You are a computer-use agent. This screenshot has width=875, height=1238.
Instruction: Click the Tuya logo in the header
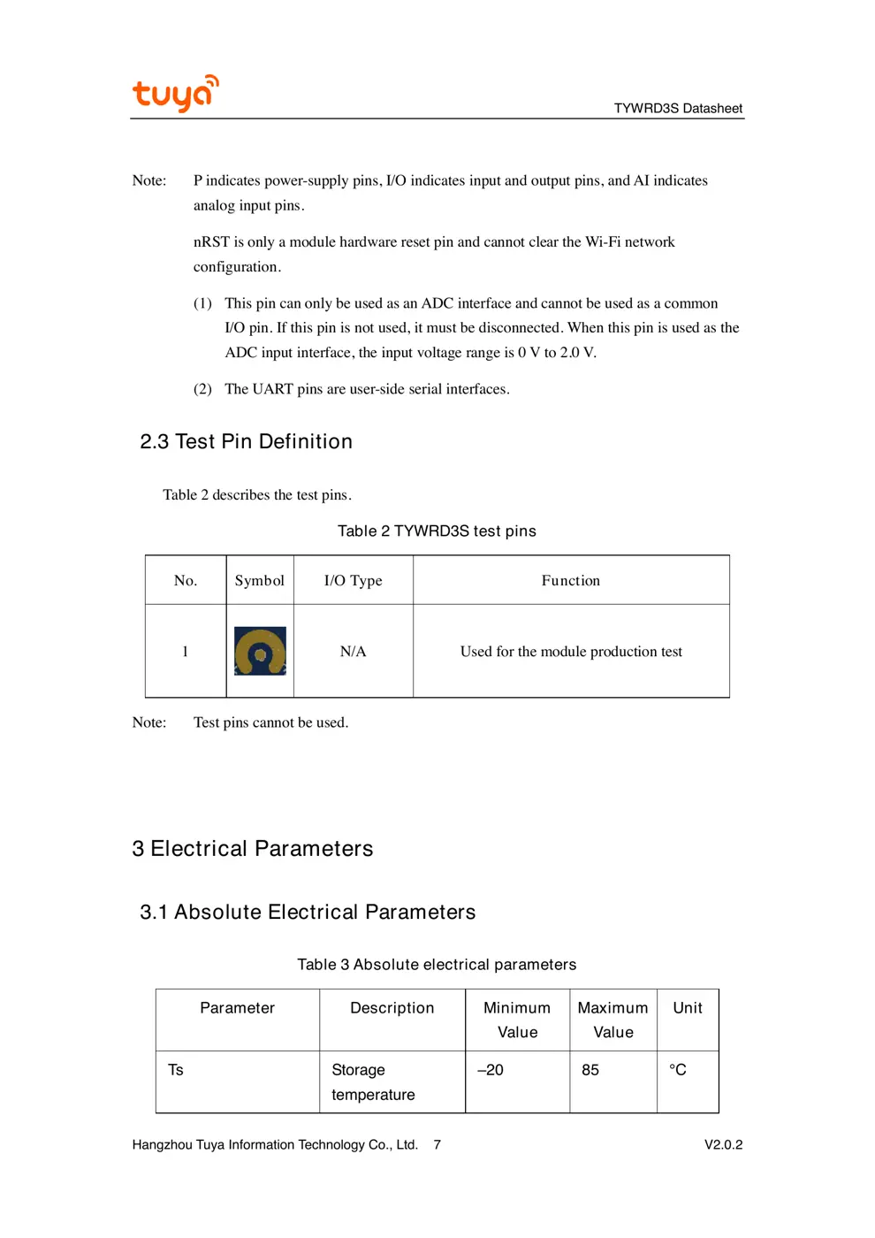pos(175,93)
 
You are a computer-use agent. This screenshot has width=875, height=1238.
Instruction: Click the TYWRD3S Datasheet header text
pos(678,108)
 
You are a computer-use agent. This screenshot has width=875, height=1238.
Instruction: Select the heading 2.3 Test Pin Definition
pos(246,441)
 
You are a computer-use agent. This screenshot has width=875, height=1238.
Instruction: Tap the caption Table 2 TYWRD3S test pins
pos(437,531)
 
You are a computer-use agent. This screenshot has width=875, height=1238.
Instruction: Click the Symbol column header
pos(259,580)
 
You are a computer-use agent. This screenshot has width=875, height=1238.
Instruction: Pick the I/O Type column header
pos(353,580)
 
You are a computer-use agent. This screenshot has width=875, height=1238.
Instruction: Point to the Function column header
pos(570,580)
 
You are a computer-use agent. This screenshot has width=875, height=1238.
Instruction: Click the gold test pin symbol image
pos(260,651)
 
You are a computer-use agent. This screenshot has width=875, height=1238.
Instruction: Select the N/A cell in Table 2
pos(353,651)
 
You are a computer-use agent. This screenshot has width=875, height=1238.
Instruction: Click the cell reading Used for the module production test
pos(571,651)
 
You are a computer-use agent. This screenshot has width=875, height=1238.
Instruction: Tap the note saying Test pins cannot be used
pos(270,722)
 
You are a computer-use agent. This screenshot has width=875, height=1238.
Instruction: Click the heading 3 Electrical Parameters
pos(253,848)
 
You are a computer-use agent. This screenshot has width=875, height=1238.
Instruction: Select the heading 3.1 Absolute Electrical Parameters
pos(308,912)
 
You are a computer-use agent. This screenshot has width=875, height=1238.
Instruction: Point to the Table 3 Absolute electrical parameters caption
pos(437,964)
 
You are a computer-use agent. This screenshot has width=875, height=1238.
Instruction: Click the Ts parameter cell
pos(176,1070)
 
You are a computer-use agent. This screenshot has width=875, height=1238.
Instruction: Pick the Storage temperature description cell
pos(372,1081)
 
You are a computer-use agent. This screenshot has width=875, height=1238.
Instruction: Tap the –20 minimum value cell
pos(491,1070)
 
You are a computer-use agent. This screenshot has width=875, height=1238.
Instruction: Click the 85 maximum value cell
pos(590,1070)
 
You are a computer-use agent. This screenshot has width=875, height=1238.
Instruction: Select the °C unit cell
pos(678,1070)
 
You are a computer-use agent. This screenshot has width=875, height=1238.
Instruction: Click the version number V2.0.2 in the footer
pos(723,1144)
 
